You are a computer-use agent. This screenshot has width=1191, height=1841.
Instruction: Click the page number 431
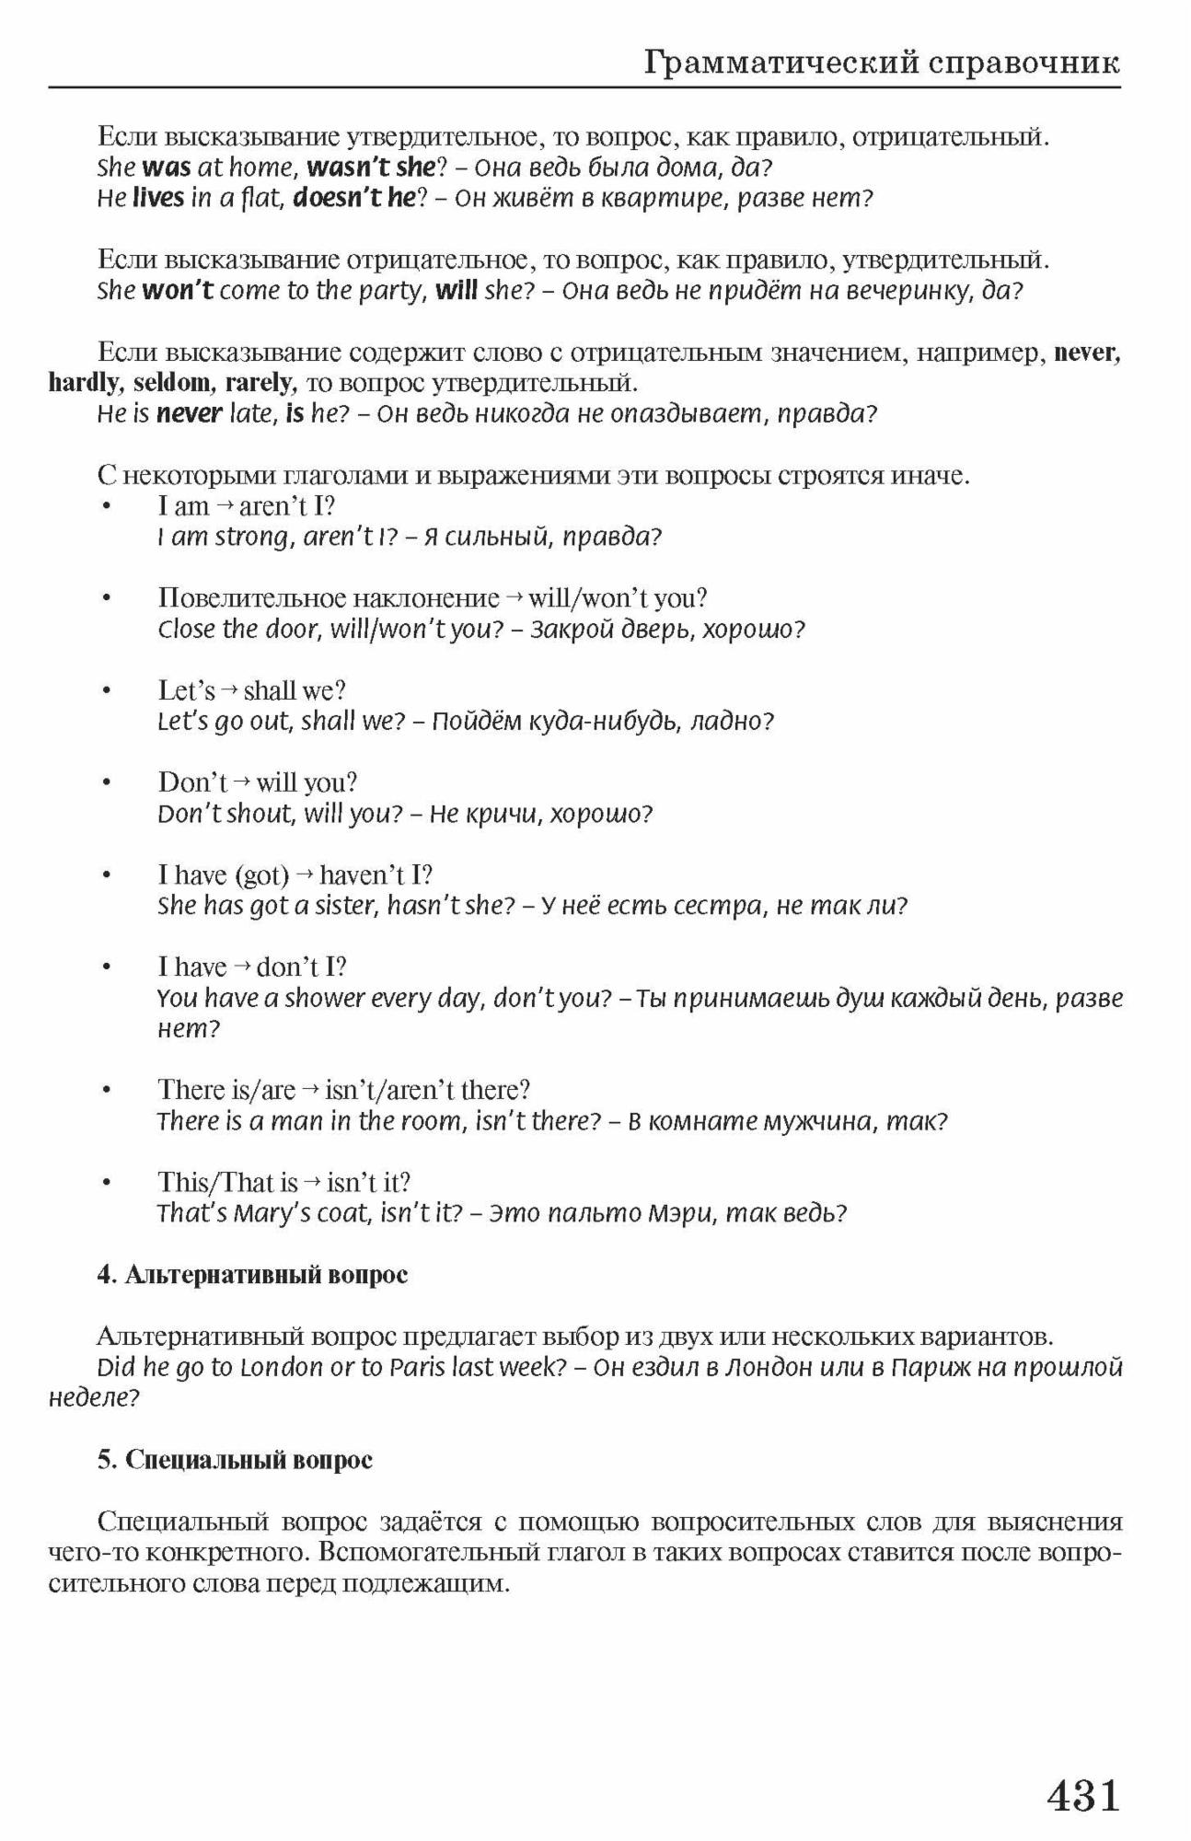click(1083, 1796)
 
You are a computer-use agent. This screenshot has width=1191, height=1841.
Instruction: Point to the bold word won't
click(178, 291)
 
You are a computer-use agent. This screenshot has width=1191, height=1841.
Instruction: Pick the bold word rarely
click(259, 383)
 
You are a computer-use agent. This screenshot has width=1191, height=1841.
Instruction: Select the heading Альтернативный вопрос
click(265, 1275)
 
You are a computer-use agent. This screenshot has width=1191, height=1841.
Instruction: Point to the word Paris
click(418, 1368)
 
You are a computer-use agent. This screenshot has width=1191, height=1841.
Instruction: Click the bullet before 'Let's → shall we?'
click(107, 691)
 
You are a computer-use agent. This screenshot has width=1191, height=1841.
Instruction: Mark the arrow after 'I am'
click(224, 506)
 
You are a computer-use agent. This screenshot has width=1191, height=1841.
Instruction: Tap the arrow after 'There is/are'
click(310, 1091)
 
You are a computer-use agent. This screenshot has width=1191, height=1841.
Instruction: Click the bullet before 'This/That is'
click(107, 1183)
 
